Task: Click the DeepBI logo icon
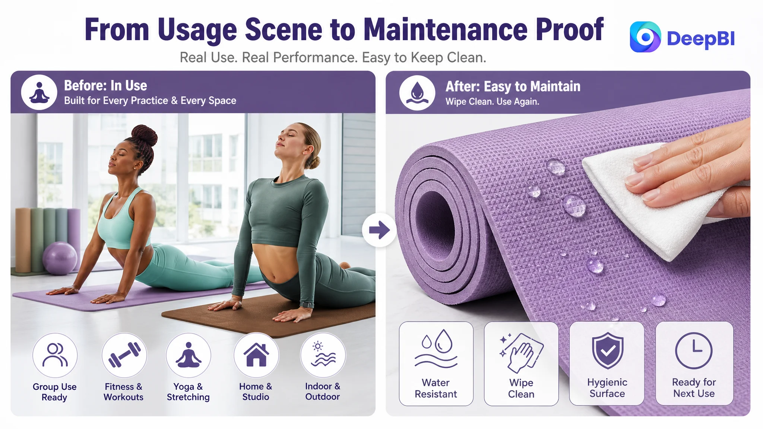coord(645,37)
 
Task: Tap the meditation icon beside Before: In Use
coord(39,92)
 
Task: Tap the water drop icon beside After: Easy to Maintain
coord(417,93)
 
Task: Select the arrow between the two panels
coord(379,230)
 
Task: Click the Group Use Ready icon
coord(55,355)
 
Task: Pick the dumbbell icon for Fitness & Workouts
coord(124,355)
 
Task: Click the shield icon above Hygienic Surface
coord(607,350)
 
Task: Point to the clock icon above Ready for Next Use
coord(694,351)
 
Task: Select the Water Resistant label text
coord(436,388)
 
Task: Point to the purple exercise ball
coord(60,258)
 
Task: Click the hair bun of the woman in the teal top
coord(144,136)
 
